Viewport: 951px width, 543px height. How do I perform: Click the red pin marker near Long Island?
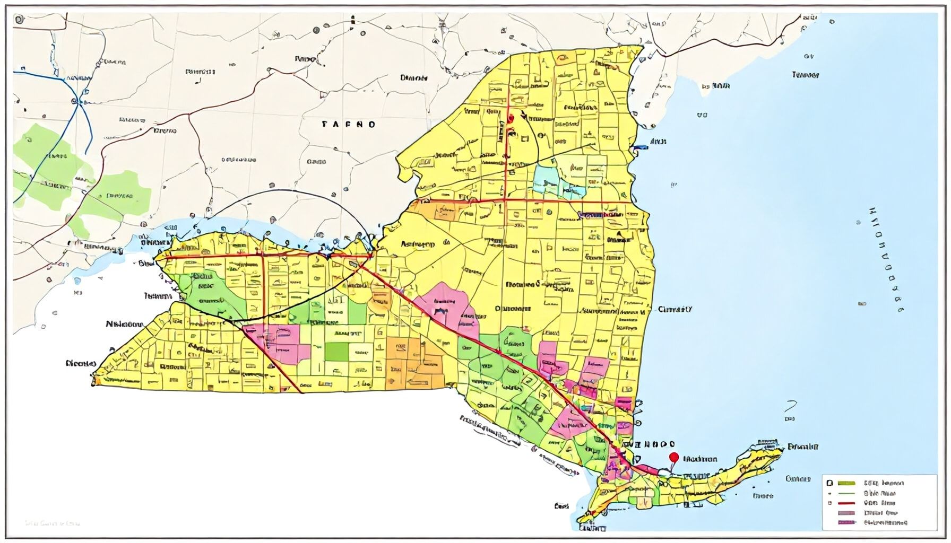pos(674,457)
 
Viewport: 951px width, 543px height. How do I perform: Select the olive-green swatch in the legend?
pos(847,483)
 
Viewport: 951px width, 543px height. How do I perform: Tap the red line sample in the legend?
pos(847,503)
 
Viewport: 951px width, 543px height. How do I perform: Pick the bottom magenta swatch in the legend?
pos(847,522)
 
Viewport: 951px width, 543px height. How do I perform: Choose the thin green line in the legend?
pos(847,493)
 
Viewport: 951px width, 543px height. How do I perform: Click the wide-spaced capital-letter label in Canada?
pos(349,125)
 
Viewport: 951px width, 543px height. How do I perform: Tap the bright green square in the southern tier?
pos(337,351)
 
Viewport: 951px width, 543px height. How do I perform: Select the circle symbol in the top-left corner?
pos(19,20)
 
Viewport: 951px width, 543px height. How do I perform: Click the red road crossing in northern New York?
pos(505,201)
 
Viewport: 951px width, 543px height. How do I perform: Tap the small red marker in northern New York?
pos(511,118)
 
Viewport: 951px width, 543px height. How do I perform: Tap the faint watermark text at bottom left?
pos(53,523)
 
